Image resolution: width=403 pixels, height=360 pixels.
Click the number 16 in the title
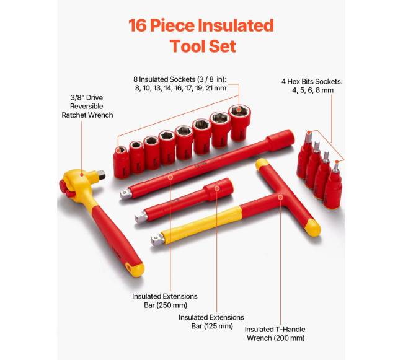point(138,25)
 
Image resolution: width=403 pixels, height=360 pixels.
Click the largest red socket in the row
point(239,123)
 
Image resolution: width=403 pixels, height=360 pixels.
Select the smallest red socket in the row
point(121,162)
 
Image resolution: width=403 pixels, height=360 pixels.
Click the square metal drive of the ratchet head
point(101,175)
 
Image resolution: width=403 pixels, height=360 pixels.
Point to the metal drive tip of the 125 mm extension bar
point(141,217)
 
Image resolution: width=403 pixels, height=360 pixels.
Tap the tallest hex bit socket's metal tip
point(308,136)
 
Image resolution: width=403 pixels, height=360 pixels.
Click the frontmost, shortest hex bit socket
point(333,185)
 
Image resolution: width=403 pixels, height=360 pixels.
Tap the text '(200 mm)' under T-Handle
point(289,338)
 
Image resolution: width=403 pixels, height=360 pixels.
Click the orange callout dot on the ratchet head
point(82,175)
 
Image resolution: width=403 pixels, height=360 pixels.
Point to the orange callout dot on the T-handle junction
point(280,197)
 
